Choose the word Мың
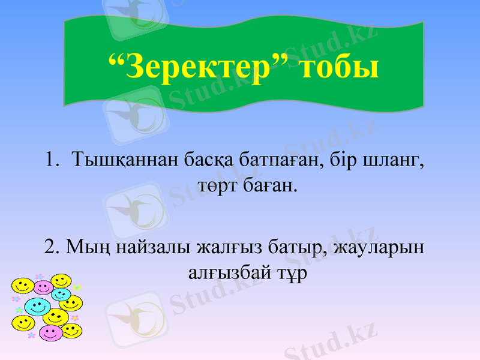[83, 247]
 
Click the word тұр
[288, 274]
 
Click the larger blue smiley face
[37, 306]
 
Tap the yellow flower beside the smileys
[77, 288]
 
